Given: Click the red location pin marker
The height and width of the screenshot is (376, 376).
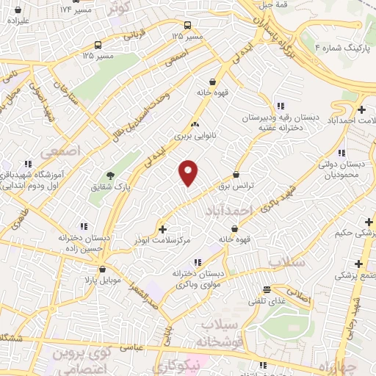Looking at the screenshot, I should pos(189,172).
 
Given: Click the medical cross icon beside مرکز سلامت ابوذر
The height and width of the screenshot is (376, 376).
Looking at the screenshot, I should pos(162,229).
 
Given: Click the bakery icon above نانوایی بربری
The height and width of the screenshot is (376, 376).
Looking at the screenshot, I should pos(195,124).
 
